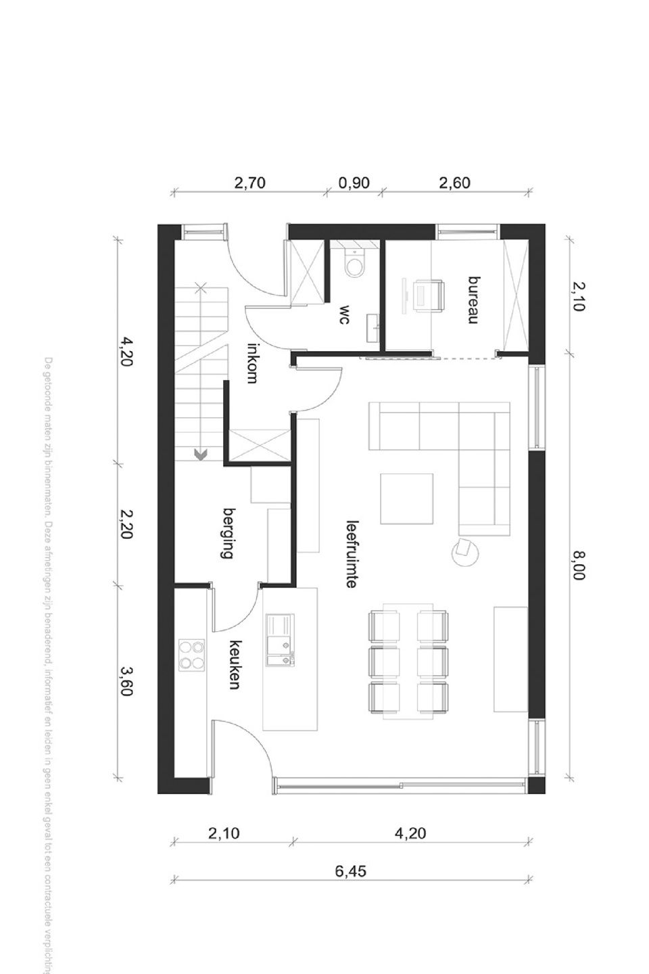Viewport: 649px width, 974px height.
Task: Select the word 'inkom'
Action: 252,363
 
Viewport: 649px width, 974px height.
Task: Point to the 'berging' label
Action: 227,534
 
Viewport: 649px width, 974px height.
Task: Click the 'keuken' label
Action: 235,665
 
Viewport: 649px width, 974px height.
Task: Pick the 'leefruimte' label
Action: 351,553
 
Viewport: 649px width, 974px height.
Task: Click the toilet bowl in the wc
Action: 354,264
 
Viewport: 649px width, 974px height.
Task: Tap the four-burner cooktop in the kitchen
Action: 192,655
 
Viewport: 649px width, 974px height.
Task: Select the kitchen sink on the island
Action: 281,641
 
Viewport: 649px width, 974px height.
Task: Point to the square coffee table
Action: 406,498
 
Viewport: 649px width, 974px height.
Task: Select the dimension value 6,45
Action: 350,871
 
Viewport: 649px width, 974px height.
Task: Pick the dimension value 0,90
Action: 354,183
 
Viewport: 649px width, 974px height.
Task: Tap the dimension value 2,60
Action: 454,183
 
